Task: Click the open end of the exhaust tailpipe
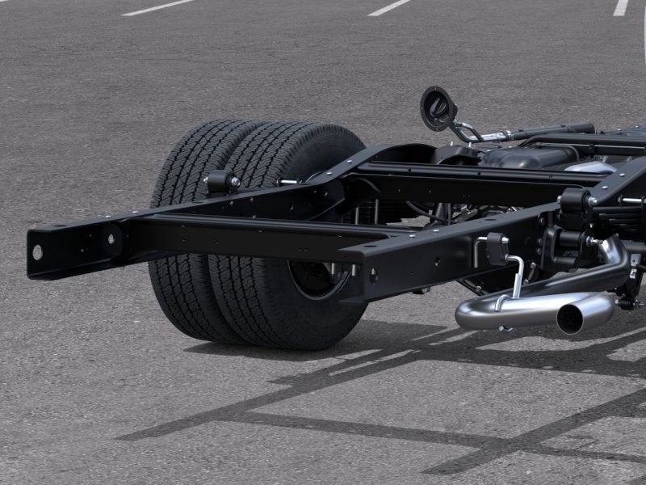point(573,319)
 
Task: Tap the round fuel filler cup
point(438,108)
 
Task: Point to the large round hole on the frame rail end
point(37,251)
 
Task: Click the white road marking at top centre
point(389,7)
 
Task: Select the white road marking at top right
point(620,7)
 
